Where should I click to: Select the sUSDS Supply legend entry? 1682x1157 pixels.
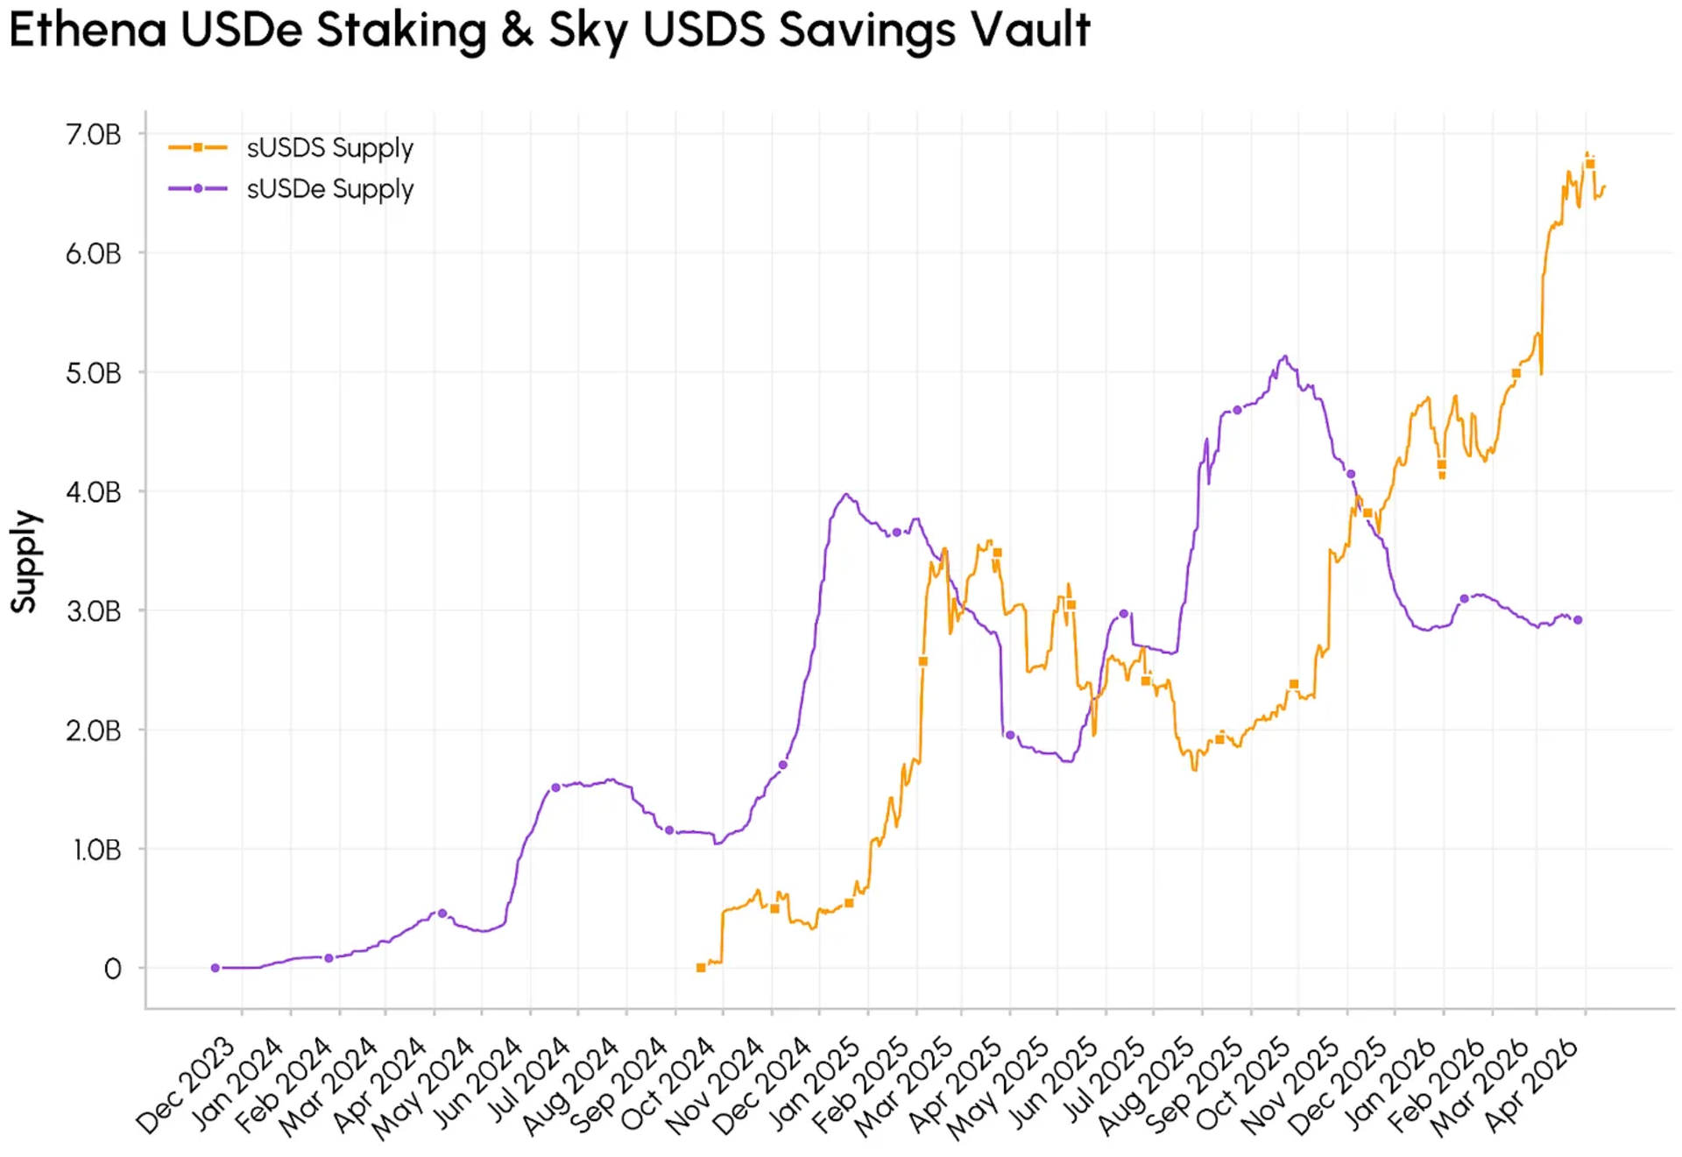click(x=329, y=148)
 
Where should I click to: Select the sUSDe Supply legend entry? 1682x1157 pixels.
click(x=329, y=189)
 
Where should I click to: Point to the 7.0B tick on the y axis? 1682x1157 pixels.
click(x=93, y=135)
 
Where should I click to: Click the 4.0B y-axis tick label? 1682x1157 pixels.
click(x=93, y=492)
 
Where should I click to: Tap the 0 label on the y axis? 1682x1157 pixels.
click(x=112, y=969)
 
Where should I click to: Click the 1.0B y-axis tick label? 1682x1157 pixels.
click(x=95, y=850)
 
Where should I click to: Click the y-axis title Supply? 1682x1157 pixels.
click(x=24, y=561)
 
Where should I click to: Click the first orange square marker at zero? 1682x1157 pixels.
click(x=701, y=968)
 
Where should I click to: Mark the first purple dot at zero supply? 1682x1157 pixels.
click(x=216, y=968)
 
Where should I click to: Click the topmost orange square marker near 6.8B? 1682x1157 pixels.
click(x=1590, y=164)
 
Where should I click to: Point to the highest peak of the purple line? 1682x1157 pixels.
click(x=1285, y=356)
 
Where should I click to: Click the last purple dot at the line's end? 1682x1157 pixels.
click(x=1578, y=620)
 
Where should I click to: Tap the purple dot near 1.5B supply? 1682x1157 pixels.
click(x=555, y=787)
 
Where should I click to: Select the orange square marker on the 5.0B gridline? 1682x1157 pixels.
click(x=1516, y=373)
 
